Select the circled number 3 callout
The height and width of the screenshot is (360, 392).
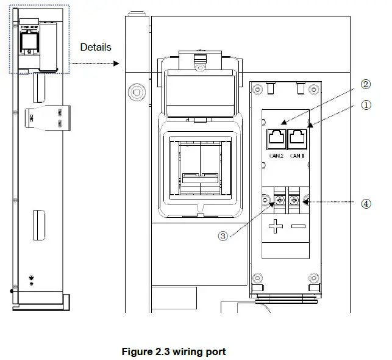click(x=223, y=236)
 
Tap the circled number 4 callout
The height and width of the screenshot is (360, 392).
click(x=366, y=204)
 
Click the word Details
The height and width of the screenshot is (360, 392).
click(x=96, y=47)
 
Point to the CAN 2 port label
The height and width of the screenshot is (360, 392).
click(x=277, y=156)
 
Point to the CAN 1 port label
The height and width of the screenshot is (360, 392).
click(x=298, y=156)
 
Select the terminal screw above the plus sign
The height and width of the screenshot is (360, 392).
click(x=282, y=200)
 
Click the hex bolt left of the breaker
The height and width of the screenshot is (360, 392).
click(x=135, y=94)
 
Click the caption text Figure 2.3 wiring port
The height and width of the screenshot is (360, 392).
click(x=174, y=352)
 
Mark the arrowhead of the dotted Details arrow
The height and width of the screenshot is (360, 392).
click(x=121, y=63)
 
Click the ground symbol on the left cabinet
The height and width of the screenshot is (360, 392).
click(x=32, y=277)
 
